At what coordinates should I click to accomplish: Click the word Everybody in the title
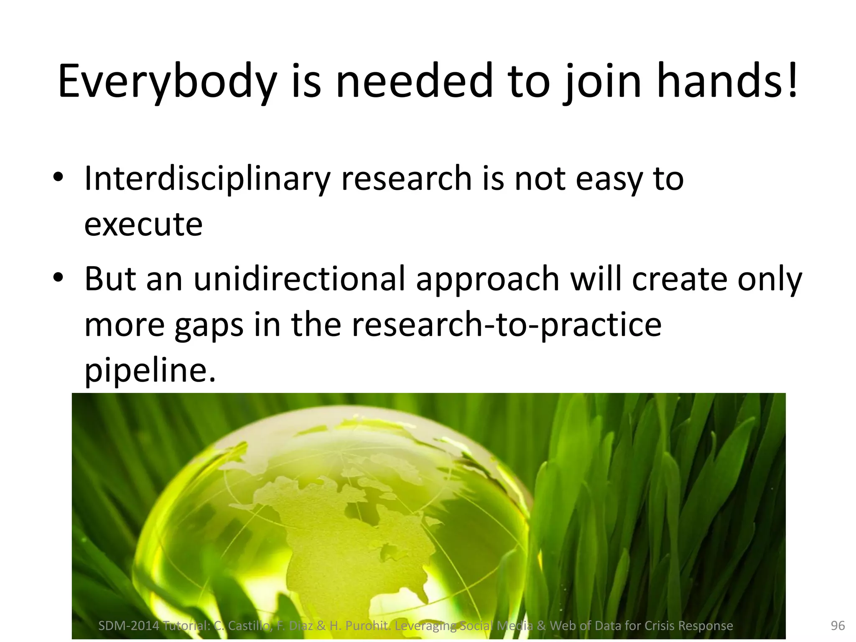(x=167, y=82)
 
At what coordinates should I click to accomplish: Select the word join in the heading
(x=602, y=82)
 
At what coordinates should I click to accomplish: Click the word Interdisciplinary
(x=207, y=179)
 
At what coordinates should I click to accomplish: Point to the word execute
(x=143, y=225)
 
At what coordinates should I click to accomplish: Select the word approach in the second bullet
(x=487, y=279)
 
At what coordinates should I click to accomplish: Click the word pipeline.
(x=150, y=370)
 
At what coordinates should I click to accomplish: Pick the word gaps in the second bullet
(x=209, y=326)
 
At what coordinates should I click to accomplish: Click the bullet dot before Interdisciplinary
(x=58, y=177)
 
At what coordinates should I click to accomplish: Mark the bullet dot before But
(x=58, y=278)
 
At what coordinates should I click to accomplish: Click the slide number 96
(x=838, y=626)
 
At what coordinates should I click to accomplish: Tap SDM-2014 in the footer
(x=129, y=626)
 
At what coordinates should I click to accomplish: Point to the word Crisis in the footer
(x=659, y=626)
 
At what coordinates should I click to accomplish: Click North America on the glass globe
(x=343, y=527)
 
